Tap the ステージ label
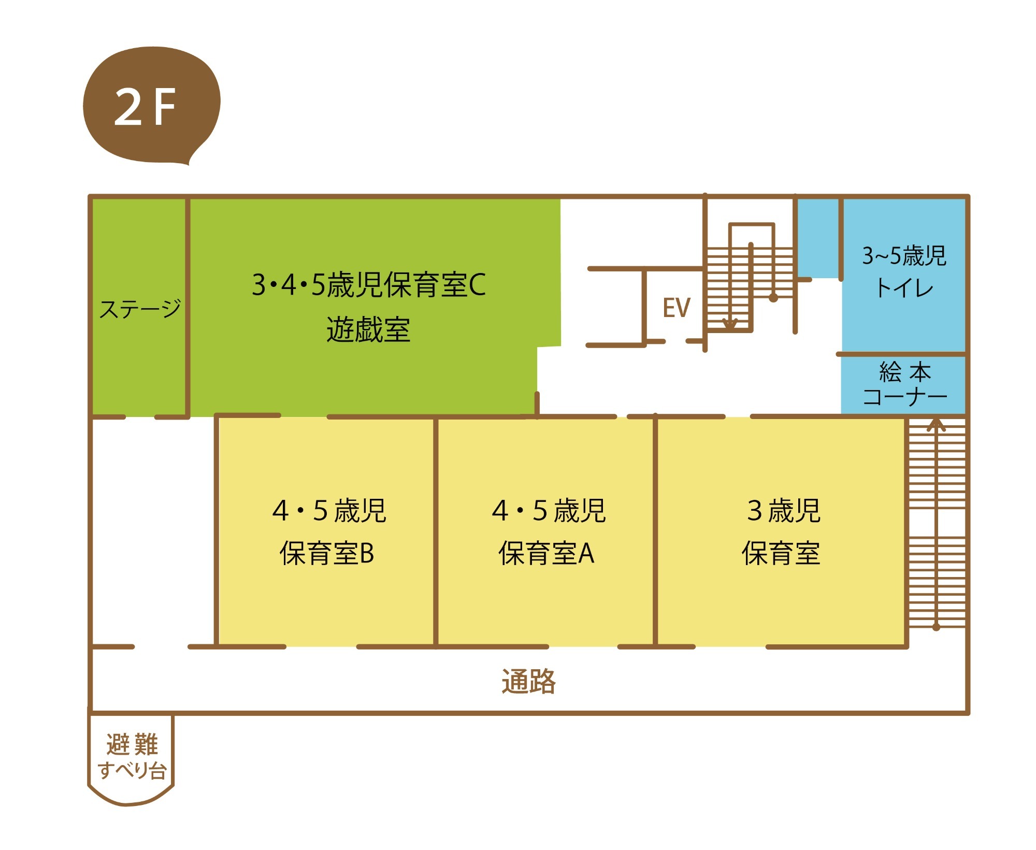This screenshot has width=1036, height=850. click(140, 309)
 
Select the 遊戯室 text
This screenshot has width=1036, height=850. click(368, 330)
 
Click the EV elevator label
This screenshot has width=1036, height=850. click(676, 308)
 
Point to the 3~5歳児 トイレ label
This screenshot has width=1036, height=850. click(904, 271)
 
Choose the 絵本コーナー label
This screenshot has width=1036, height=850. click(904, 384)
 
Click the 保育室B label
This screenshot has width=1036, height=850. click(327, 553)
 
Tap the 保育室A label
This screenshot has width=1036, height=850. click(546, 553)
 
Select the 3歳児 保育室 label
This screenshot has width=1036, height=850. click(782, 531)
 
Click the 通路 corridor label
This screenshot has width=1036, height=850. click(528, 681)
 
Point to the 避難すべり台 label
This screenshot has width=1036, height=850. click(132, 757)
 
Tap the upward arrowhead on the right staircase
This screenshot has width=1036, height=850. click(936, 425)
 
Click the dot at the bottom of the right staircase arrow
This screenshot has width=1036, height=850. click(936, 627)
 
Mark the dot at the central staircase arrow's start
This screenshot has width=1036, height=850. click(773, 298)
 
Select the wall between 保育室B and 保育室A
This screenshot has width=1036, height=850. click(436, 531)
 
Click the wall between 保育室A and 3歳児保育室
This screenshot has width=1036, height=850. click(655, 531)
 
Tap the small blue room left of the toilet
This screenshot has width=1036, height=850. click(818, 238)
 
